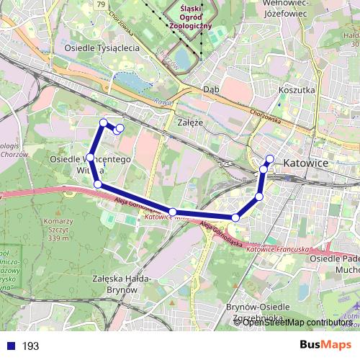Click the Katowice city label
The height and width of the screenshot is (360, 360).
tap(306, 163)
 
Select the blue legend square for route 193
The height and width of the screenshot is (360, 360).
tap(9, 346)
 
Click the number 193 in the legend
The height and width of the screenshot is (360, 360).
tap(31, 346)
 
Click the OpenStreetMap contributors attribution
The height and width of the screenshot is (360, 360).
tap(297, 322)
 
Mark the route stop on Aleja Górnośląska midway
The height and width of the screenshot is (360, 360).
tap(173, 212)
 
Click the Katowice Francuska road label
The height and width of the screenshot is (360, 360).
tap(277, 249)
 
